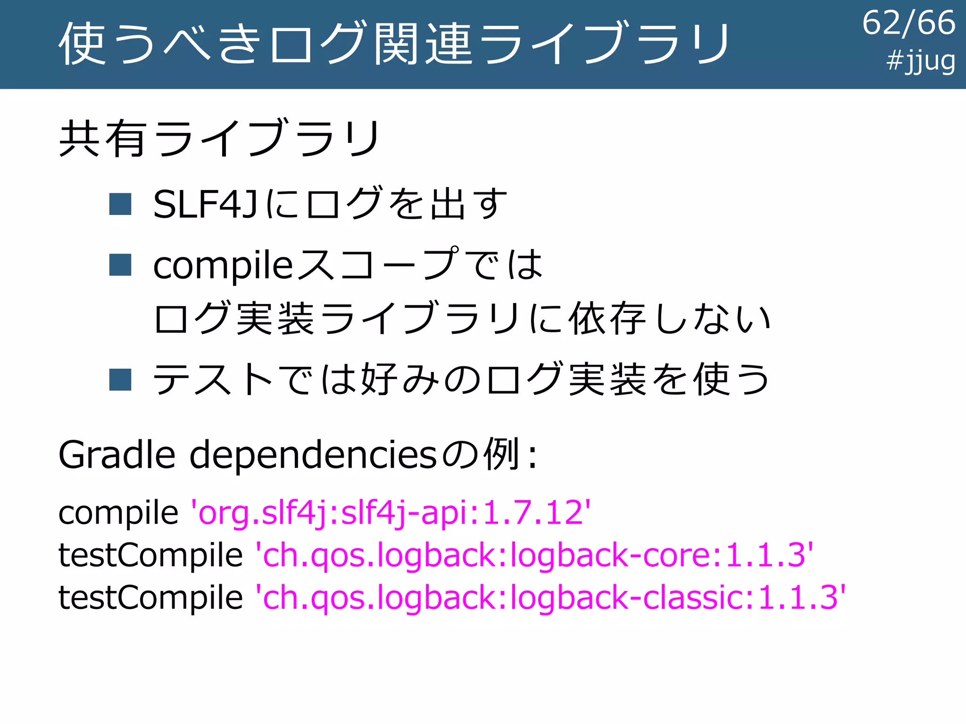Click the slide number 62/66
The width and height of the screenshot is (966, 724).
[x=908, y=24]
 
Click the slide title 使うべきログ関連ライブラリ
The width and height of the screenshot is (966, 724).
[x=394, y=43]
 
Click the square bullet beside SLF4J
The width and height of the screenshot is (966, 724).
[x=120, y=204]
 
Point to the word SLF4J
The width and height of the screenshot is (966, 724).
[x=205, y=205]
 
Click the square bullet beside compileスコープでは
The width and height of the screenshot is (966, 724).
[x=120, y=264]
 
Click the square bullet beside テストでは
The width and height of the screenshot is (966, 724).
[x=120, y=379]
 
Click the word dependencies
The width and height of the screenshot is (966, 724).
[x=313, y=456]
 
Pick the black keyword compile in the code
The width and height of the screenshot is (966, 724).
[x=118, y=513]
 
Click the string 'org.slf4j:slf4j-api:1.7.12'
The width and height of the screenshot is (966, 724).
[x=390, y=513]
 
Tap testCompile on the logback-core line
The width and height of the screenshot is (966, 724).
[x=150, y=555]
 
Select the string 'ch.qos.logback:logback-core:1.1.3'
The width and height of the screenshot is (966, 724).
[x=534, y=555]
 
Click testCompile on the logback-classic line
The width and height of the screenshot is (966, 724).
[x=150, y=597]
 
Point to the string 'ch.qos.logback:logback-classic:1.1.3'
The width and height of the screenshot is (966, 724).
[x=550, y=598]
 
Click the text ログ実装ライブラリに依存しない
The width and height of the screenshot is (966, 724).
[x=461, y=319]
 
